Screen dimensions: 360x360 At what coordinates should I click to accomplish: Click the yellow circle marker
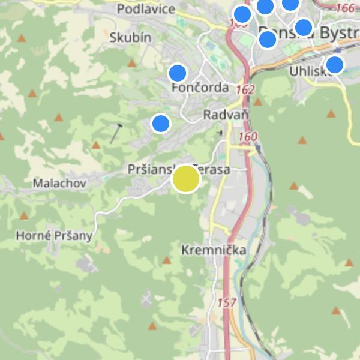pos(186,179)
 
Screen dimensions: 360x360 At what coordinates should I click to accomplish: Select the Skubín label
pos(130,37)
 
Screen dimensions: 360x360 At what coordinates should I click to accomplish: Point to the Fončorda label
pos(200,88)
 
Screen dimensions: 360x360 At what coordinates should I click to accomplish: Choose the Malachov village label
pos(60,183)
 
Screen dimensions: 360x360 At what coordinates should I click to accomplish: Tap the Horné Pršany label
pos(54,235)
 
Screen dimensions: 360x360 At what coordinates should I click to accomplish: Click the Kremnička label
pos(213,250)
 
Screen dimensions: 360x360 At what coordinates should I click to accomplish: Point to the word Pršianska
pos(150,170)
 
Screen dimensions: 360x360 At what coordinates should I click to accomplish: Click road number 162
pos(245,89)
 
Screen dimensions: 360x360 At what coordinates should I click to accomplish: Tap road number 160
pos(247,137)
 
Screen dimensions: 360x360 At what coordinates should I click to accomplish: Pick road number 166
pos(345,8)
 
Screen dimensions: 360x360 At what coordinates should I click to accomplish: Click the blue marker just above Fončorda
pos(178,73)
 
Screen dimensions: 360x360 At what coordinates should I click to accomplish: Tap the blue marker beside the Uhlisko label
pos(335,64)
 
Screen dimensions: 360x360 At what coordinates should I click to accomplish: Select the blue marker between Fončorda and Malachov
pos(160,123)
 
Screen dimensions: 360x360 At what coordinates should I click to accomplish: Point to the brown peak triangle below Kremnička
pos(167,260)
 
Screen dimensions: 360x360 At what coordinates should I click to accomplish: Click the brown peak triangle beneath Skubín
pos(132,63)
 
